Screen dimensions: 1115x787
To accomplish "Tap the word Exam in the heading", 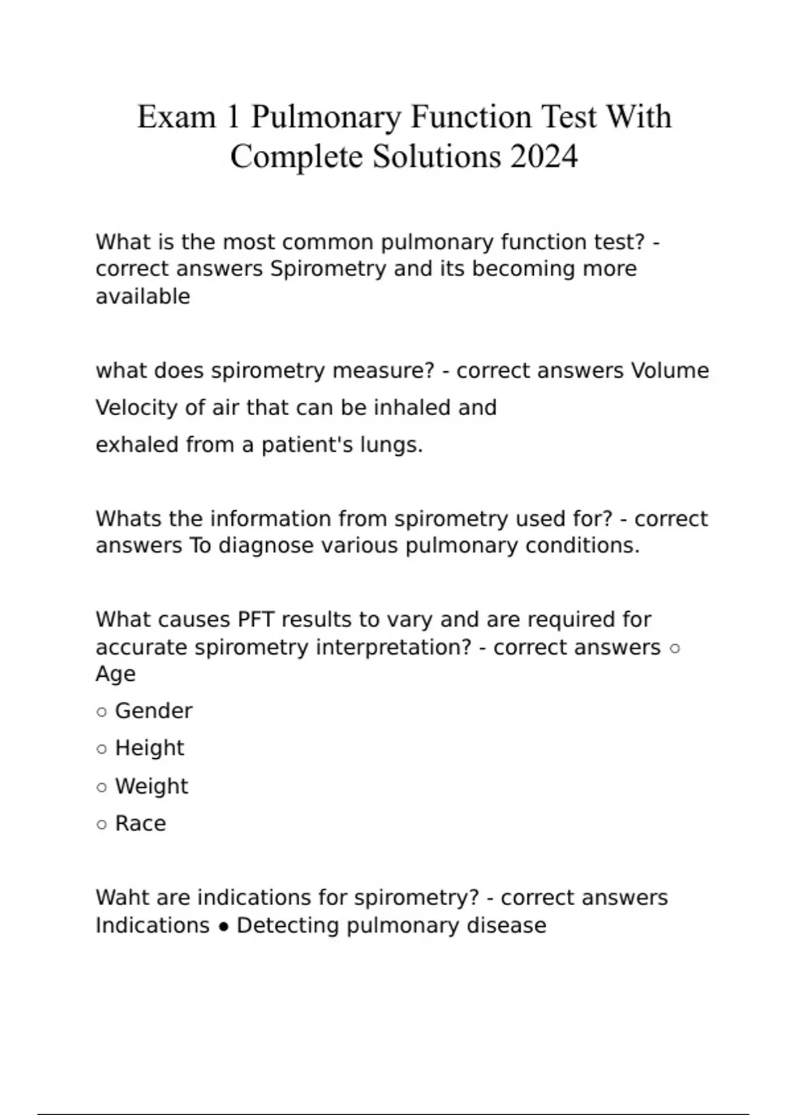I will (176, 117).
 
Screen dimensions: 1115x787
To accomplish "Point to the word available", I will (143, 296).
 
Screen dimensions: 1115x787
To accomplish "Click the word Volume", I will (670, 371).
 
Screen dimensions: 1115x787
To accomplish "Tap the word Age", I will (115, 674).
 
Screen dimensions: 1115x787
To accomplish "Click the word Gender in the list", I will (153, 711).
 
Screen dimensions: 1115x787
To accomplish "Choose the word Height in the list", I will (150, 748).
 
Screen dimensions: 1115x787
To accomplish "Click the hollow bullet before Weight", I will (102, 787).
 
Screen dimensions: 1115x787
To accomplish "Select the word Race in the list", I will (140, 824).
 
